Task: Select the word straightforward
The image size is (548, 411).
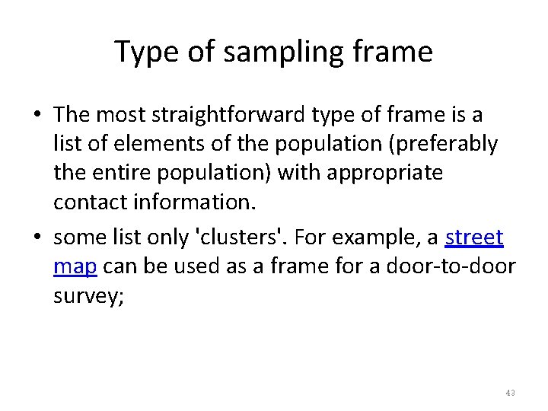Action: pos(216,116)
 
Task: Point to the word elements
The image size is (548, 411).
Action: pos(151,144)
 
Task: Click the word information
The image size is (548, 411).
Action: pos(189,200)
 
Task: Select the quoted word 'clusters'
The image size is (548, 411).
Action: pos(233,238)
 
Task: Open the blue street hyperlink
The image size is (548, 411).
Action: pos(473,238)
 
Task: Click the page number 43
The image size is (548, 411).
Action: pos(510,393)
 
